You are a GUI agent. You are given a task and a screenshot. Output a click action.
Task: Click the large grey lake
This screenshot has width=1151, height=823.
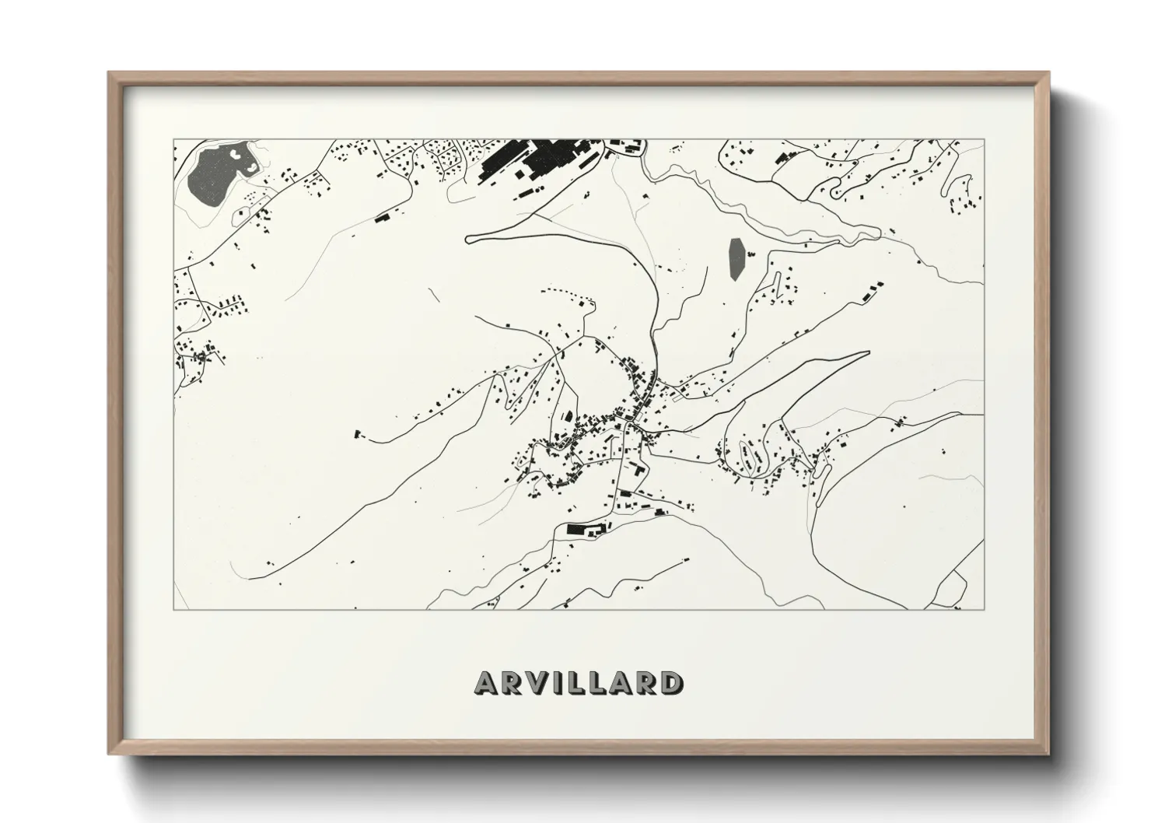pos(212,175)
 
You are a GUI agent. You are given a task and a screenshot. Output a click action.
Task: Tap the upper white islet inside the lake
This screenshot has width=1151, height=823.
pos(236,156)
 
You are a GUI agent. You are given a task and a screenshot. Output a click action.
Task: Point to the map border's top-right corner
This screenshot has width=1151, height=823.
pos(984,140)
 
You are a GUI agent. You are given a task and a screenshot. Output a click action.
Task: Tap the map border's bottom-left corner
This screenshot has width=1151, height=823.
pos(174,609)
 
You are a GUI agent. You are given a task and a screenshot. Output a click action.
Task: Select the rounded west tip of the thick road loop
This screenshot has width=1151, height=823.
pos(469,239)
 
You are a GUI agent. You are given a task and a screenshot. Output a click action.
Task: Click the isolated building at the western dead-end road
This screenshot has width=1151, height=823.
pos(359,433)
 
